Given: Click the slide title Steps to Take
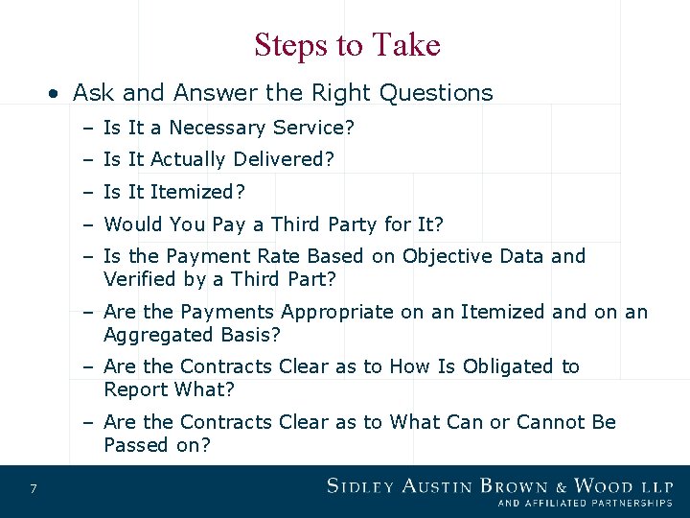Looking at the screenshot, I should pos(347,45).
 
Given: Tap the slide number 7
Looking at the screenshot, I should pos(34,490).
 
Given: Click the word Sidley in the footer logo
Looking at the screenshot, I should pos(362,486).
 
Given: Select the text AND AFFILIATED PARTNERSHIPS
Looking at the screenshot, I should pos(585,503).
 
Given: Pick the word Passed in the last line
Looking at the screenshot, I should pos(136,445).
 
